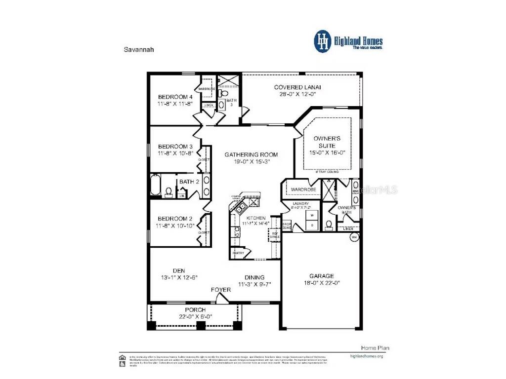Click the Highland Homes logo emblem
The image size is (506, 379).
point(323,41)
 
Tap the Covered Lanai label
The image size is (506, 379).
point(295,87)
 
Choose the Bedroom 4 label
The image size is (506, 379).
point(175,97)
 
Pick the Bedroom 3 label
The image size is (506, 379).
point(175,147)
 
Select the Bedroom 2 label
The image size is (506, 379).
point(175,219)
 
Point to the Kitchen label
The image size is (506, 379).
point(256,218)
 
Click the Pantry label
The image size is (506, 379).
point(238,254)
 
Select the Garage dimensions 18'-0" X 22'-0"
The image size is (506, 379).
point(321,283)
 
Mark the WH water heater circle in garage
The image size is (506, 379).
point(354,237)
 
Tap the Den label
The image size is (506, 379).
point(178,270)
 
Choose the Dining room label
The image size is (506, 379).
point(254,277)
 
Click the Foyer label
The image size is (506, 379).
point(221,290)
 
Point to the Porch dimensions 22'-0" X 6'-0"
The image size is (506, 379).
point(195,316)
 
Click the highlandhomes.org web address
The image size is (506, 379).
point(366,356)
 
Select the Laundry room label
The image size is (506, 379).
point(300,204)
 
